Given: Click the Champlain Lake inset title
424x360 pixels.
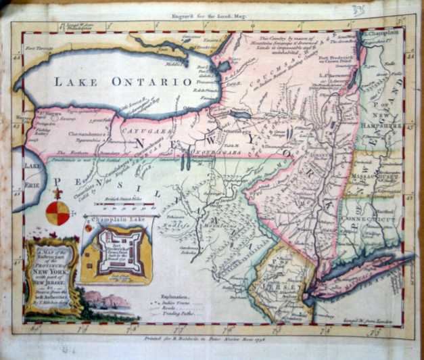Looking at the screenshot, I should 121,221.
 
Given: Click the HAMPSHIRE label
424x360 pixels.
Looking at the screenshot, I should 390,125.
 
